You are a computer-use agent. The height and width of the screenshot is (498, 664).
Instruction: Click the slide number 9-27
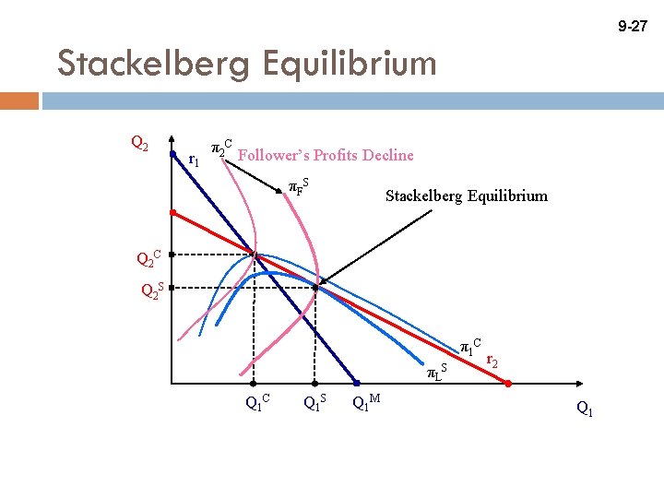pos(633,29)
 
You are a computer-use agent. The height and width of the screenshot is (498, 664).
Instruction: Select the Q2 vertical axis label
pos(141,143)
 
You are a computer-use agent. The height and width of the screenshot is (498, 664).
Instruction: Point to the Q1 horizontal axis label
pos(585,408)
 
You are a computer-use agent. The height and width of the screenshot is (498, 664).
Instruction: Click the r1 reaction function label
pos(193,160)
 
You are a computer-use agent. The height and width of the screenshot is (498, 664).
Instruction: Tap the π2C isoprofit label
pos(221,148)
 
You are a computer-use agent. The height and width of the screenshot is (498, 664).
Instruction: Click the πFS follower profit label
pos(298,186)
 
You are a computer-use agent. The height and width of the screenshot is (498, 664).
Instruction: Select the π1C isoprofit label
pos(470,347)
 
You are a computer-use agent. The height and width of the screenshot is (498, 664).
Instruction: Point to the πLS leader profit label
pos(436,373)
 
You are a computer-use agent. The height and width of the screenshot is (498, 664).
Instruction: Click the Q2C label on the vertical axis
pos(148,258)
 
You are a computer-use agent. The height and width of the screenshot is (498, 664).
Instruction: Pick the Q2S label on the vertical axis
pos(151,290)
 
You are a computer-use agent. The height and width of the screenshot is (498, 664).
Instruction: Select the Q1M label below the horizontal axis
pos(368,401)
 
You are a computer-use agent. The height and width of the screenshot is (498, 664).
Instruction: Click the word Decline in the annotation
pos(387,155)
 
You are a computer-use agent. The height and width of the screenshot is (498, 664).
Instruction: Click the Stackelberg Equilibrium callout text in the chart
pos(466,196)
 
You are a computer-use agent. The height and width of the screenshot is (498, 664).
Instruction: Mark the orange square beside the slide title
pos(19,99)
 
